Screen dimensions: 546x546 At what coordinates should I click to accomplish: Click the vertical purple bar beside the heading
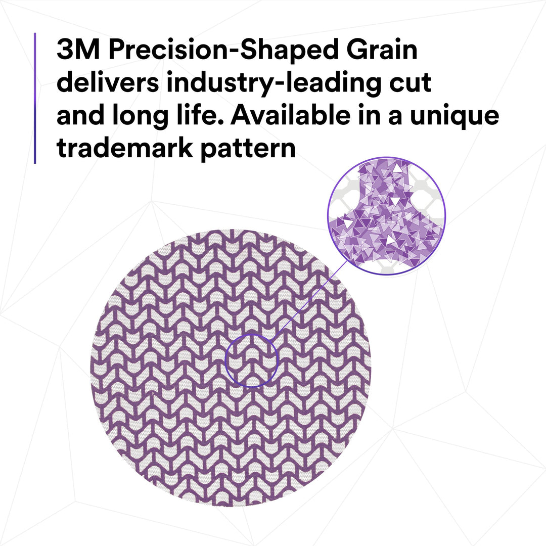[35, 98]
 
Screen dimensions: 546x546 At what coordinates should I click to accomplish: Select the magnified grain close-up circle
[387, 216]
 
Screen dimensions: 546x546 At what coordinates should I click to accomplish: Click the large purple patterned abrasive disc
[167, 404]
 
